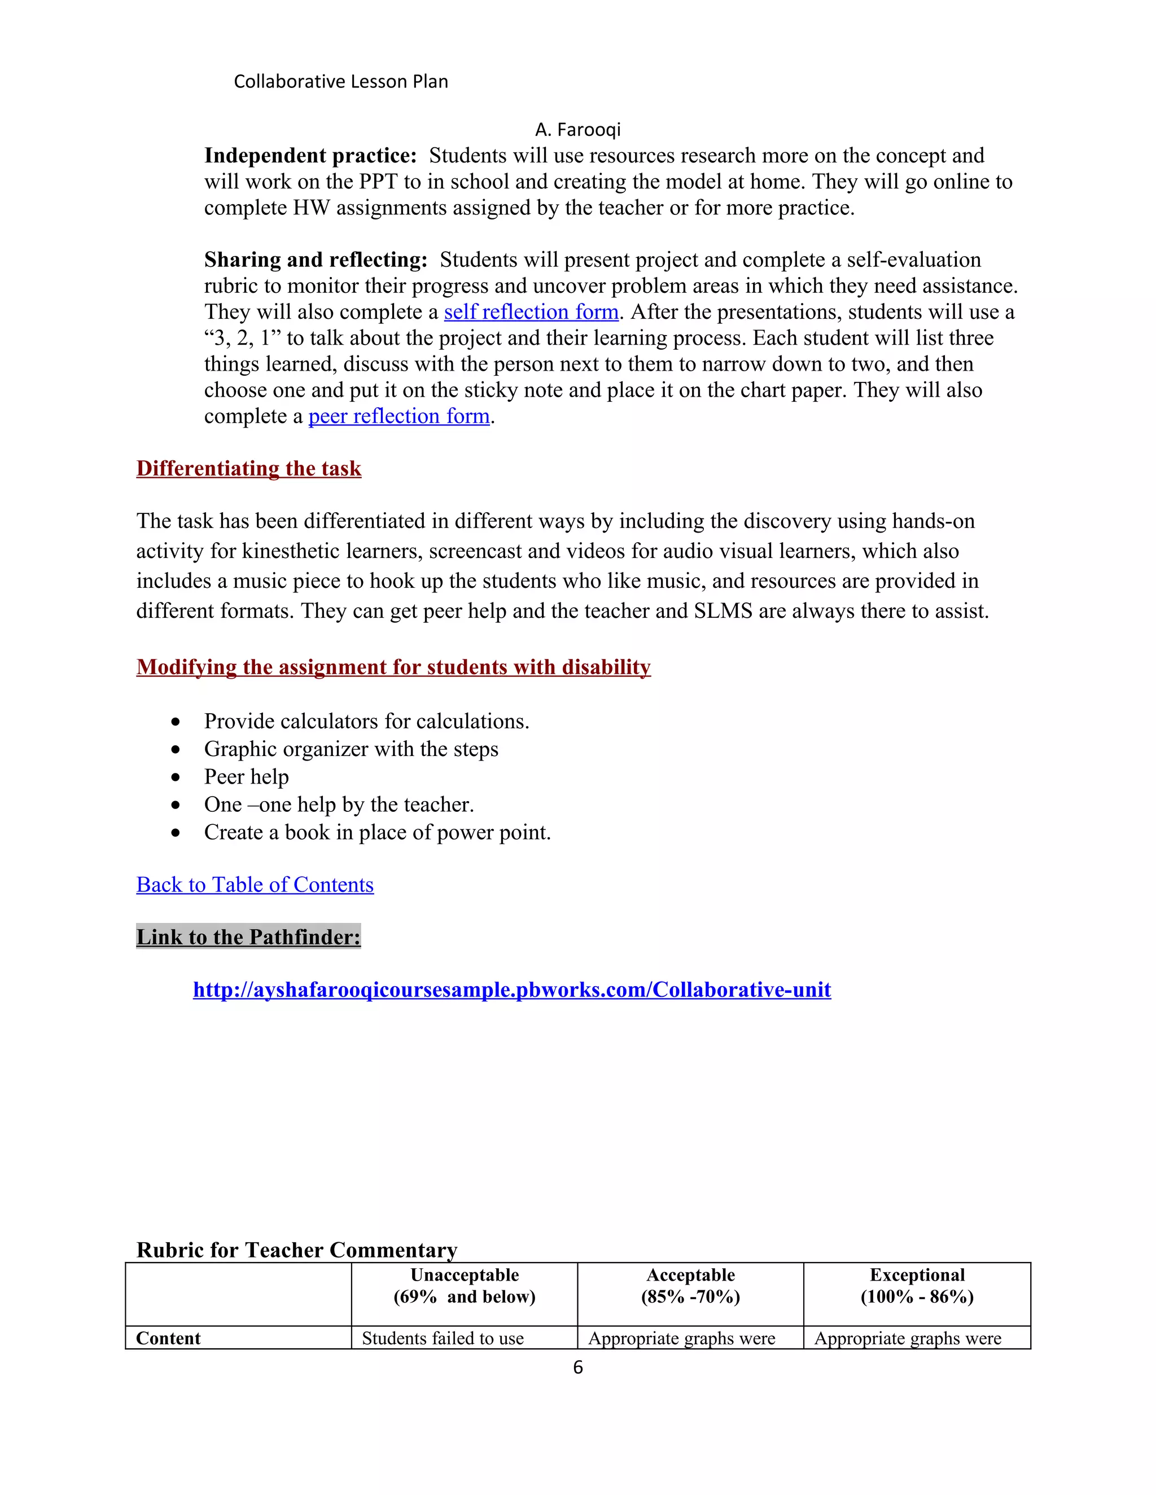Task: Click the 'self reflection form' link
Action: click(x=531, y=312)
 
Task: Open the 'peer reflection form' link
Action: click(x=399, y=416)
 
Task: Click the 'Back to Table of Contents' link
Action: click(x=255, y=885)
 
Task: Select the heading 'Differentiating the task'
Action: click(x=248, y=468)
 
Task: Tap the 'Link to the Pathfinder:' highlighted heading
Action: click(x=248, y=936)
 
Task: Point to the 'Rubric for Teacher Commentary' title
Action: click(x=296, y=1250)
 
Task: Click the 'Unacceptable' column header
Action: click(x=465, y=1276)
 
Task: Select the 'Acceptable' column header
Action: click(x=690, y=1276)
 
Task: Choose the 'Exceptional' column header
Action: click(x=917, y=1276)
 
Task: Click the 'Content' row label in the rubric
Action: click(x=168, y=1338)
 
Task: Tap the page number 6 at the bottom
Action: click(x=578, y=1368)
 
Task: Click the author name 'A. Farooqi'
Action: click(x=578, y=129)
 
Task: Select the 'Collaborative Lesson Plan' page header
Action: click(x=341, y=81)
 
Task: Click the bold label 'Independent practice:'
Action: click(x=310, y=156)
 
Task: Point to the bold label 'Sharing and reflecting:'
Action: click(x=316, y=260)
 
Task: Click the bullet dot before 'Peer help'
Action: click(x=176, y=777)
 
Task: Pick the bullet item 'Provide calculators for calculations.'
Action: click(x=366, y=722)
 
